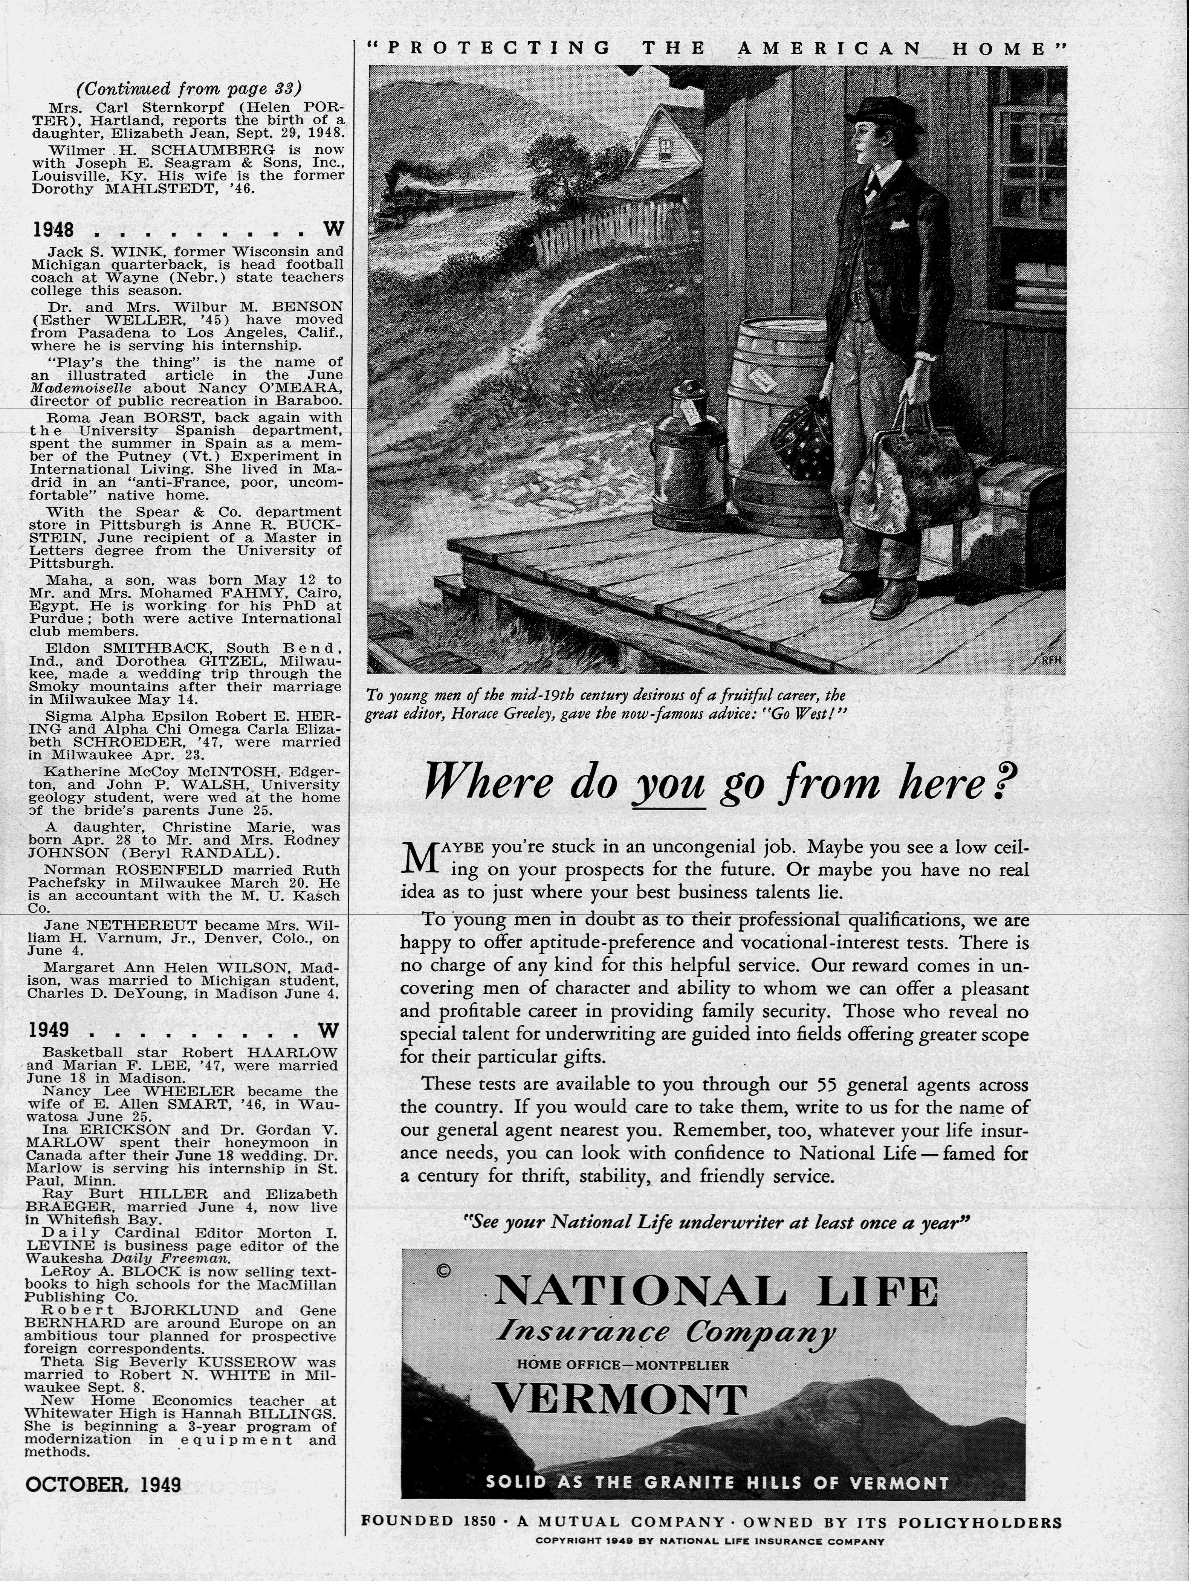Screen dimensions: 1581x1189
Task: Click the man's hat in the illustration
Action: click(x=882, y=115)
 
